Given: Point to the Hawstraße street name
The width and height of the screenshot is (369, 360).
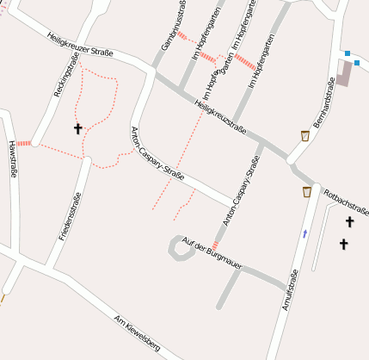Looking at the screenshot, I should pos(12,158).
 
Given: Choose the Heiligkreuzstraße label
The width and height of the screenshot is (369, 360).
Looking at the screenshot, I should pos(221,118).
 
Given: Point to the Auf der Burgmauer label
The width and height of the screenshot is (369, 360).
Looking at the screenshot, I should pos(211,256).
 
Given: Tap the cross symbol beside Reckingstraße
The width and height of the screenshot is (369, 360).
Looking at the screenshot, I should pos(78,129).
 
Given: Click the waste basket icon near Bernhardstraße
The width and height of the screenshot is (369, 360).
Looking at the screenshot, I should pos(305,135).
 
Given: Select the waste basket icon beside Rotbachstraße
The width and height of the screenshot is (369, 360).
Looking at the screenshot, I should pos(307,191).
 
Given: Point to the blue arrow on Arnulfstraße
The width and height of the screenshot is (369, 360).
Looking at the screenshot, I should pos(304,233).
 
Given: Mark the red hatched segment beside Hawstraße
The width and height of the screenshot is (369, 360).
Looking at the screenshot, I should pos(24,143).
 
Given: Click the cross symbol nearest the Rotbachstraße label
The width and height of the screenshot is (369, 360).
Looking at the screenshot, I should pos(349,222).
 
